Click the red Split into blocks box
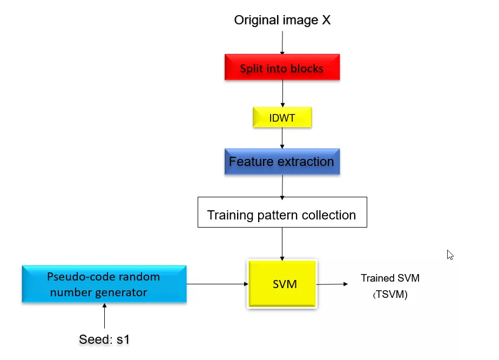[282, 67]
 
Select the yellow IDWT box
[282, 117]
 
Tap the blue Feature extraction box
[282, 162]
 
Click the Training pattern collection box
[282, 212]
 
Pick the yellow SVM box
[282, 284]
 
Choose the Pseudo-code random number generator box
[104, 284]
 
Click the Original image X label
[282, 20]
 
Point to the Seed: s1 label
[104, 339]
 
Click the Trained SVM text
[390, 278]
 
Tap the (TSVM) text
[390, 294]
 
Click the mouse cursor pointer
[450, 255]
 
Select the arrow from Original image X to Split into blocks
[282, 43]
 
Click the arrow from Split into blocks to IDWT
[282, 94]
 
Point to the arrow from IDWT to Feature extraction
[282, 138]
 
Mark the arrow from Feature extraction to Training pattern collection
[282, 188]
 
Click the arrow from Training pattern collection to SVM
[282, 244]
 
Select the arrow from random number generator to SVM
[217, 284]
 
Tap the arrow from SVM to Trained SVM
[332, 284]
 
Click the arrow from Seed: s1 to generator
[104, 316]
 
